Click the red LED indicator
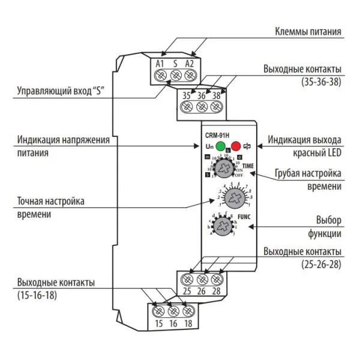[x=235, y=145]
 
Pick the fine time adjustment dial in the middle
[x=230, y=197]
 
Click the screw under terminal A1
[x=160, y=76]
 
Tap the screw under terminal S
[x=175, y=76]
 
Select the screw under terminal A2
[x=190, y=76]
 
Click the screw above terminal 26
[x=202, y=279]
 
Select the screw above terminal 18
[x=188, y=311]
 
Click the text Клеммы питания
[x=308, y=31]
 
